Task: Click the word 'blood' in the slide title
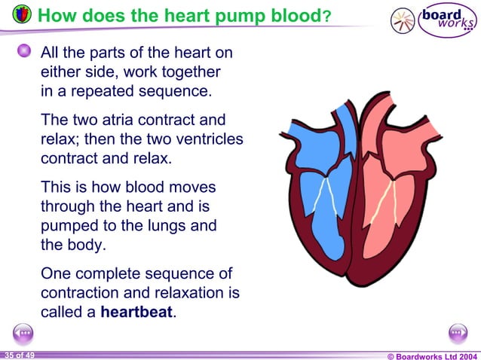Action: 290,16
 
